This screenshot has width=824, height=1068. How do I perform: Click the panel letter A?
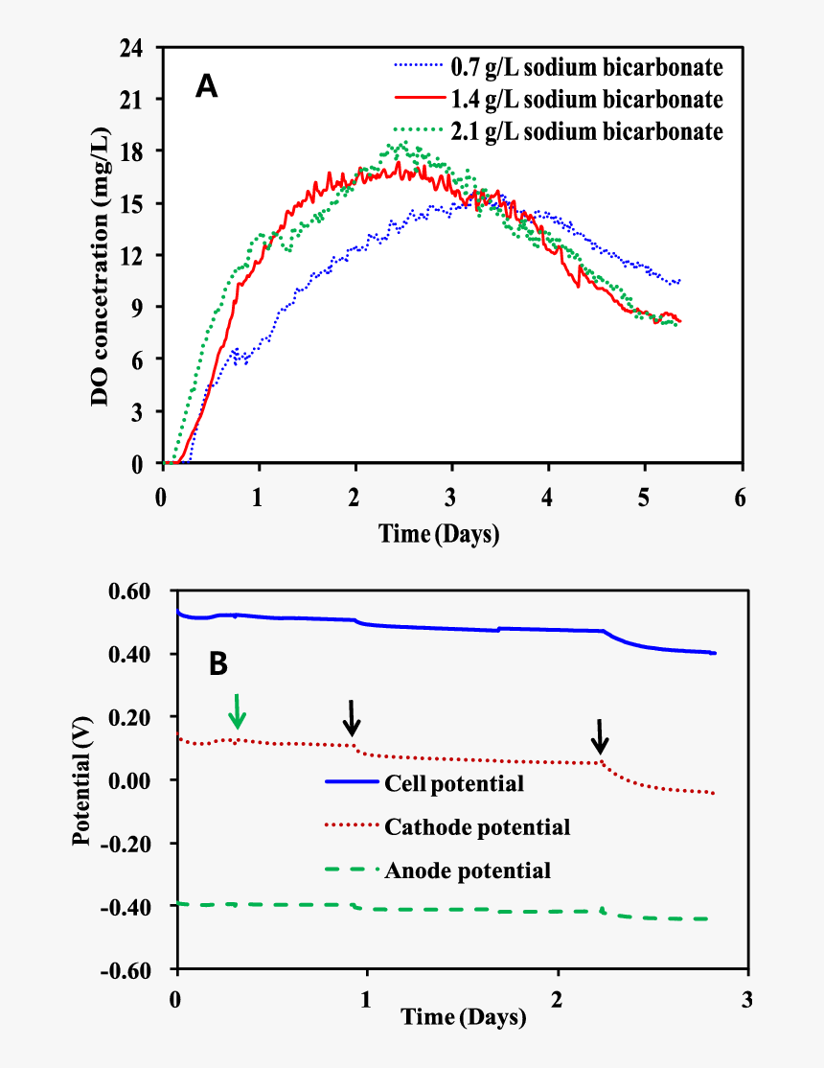[206, 87]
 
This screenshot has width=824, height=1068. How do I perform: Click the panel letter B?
[218, 662]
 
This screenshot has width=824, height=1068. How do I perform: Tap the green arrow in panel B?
[238, 711]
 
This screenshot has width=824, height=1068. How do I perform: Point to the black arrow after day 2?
[600, 736]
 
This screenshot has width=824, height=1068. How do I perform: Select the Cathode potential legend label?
[477, 826]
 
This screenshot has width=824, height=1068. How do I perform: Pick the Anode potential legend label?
[468, 871]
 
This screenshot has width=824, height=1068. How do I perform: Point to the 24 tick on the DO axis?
[133, 47]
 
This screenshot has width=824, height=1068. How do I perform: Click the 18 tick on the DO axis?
[133, 151]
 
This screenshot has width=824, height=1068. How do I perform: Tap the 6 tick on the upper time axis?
[741, 499]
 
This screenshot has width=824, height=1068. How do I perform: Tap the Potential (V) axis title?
[85, 782]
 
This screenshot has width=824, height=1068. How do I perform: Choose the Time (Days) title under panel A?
[439, 533]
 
